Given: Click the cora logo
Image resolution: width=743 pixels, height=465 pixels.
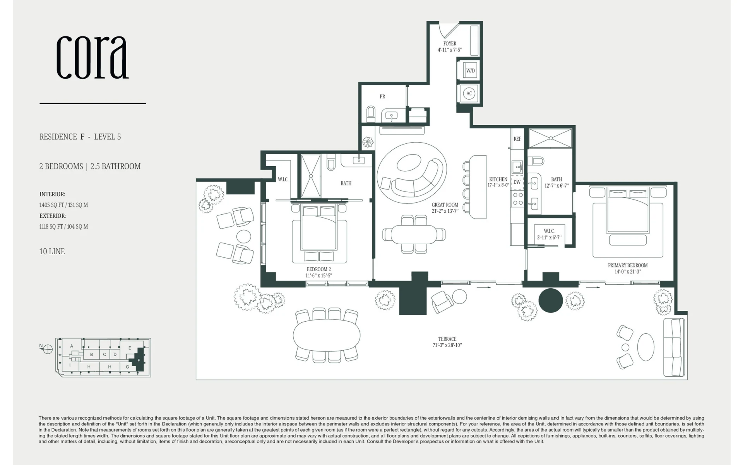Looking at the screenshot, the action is [92, 57].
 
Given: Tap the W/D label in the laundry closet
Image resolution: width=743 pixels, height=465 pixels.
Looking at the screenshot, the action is [470, 71].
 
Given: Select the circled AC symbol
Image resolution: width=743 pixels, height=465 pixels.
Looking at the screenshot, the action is [469, 93].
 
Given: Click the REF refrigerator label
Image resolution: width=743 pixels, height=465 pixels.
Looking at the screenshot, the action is [517, 139].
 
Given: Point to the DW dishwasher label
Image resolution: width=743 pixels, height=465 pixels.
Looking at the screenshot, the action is [517, 182].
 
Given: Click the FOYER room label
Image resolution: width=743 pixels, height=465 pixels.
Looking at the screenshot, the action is [450, 44].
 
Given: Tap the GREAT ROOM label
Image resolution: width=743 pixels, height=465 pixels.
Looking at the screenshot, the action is [445, 205].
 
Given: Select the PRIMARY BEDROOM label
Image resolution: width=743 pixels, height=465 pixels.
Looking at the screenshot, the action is [628, 265].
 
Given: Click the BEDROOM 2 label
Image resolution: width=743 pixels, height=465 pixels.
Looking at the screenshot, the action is [319, 269].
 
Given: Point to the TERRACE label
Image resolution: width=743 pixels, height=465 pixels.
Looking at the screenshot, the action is [447, 339].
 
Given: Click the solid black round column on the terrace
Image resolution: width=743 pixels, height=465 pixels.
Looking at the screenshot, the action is [551, 300].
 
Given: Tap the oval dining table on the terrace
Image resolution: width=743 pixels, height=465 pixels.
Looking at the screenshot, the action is [327, 335].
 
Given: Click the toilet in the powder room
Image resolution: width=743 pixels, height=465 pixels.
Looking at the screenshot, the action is [371, 114].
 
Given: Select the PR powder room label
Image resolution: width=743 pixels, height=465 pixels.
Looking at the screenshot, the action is [382, 96].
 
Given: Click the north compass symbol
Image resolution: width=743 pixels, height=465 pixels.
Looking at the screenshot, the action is [46, 349].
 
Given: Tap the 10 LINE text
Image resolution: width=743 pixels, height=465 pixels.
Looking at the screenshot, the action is [52, 251].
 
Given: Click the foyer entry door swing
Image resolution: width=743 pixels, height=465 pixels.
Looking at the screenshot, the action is [449, 29].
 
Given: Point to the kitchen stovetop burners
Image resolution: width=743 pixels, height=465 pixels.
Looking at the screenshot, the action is [518, 199].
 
